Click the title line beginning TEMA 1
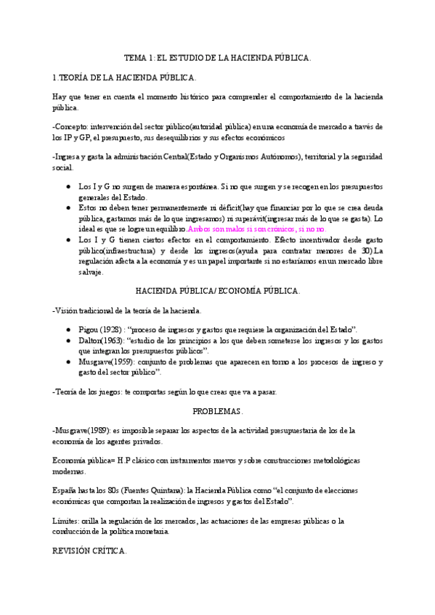(217, 58)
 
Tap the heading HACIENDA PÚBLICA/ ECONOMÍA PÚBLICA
(217, 291)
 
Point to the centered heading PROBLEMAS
(217, 411)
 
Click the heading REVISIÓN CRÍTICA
(90, 550)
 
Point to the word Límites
(68, 521)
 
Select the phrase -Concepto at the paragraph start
(72, 126)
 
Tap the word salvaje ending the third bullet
(92, 273)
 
